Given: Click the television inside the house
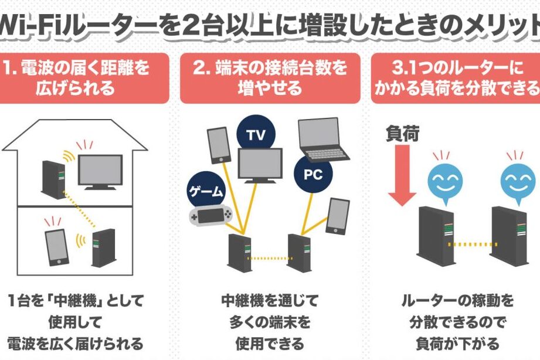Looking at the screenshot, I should [x=100, y=171].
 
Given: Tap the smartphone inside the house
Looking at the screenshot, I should [x=56, y=246].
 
